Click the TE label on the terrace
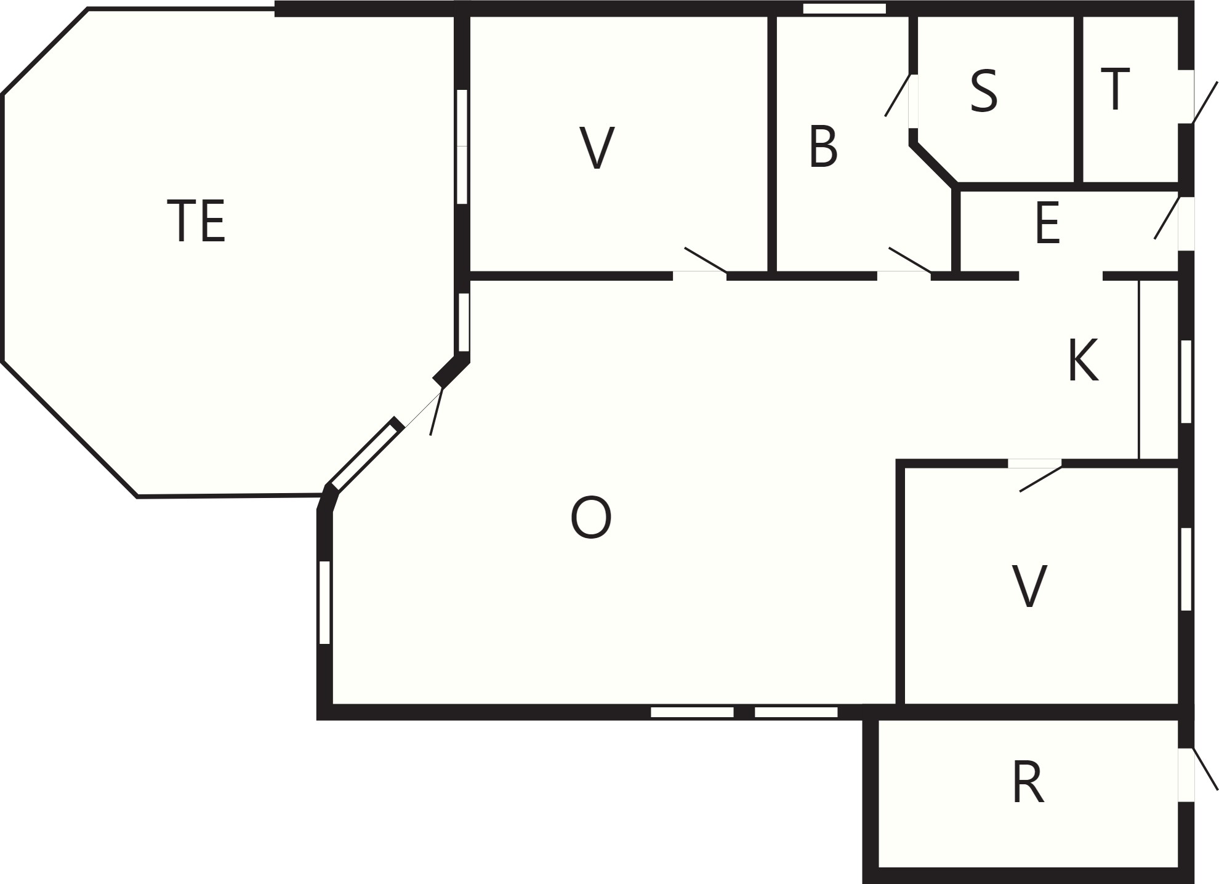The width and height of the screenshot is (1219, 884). (196, 221)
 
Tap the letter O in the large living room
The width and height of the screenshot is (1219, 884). (591, 518)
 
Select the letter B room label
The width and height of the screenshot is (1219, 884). (823, 147)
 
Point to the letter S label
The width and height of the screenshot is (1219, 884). (983, 91)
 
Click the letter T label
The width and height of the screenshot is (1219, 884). (1115, 89)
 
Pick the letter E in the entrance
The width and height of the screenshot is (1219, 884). (1047, 223)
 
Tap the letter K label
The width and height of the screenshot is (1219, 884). (1083, 361)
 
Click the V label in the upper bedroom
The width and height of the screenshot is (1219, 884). (597, 148)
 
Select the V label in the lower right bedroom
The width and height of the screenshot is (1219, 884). (1029, 587)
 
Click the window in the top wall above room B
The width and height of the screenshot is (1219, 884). (845, 9)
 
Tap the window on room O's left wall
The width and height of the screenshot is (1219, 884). (324, 602)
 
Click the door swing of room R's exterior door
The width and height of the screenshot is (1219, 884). (1205, 769)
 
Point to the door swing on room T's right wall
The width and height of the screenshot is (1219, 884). (1205, 103)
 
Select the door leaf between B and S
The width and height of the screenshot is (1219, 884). (898, 95)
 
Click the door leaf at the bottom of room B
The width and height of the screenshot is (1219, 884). (910, 260)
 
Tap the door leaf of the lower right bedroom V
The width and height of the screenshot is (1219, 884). (1041, 479)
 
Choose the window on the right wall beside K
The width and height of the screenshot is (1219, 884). (1186, 381)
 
